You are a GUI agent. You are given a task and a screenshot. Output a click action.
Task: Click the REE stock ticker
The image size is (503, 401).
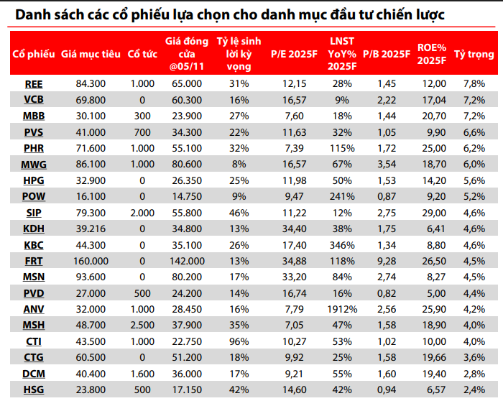pyautogui.click(x=33, y=84)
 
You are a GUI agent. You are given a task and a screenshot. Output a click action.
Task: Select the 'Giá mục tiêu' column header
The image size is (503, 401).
pyautogui.click(x=91, y=54)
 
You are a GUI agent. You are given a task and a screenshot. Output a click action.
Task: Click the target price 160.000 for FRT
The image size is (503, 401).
pyautogui.click(x=91, y=260)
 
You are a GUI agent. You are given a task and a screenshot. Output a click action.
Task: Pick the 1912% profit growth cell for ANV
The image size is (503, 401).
pyautogui.click(x=342, y=309)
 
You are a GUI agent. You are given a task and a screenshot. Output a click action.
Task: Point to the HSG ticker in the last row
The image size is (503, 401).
pyautogui.click(x=33, y=390)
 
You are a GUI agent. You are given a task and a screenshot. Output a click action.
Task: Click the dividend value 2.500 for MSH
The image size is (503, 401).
pyautogui.click(x=142, y=325)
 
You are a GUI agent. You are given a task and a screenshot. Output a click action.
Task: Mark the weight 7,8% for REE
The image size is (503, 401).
pyautogui.click(x=474, y=84)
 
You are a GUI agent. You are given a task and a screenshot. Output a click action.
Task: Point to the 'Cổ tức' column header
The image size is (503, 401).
pyautogui.click(x=142, y=54)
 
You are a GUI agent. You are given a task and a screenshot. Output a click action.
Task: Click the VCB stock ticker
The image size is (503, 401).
pyautogui.click(x=33, y=100)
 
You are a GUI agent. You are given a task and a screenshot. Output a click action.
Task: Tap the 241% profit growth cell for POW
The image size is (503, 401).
pyautogui.click(x=342, y=196)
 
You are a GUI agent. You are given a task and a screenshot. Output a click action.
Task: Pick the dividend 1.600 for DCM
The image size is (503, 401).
pyautogui.click(x=142, y=374)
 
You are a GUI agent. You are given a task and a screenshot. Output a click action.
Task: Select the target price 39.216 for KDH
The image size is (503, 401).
pyautogui.click(x=91, y=229)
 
